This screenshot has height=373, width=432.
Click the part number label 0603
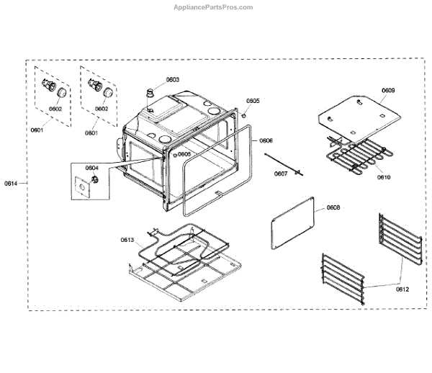172,80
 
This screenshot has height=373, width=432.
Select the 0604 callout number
91,168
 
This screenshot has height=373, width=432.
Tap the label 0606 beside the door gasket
266,141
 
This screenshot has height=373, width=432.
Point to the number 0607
280,174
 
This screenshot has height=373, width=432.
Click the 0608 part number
333,208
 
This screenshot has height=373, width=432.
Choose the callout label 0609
387,91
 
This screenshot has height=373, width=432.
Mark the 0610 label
384,176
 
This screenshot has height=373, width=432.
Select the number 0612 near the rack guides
402,289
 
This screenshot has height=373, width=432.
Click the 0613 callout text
127,241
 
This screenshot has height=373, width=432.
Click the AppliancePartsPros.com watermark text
214,7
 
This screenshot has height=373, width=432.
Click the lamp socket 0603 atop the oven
151,93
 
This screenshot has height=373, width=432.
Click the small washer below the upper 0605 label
245,115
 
